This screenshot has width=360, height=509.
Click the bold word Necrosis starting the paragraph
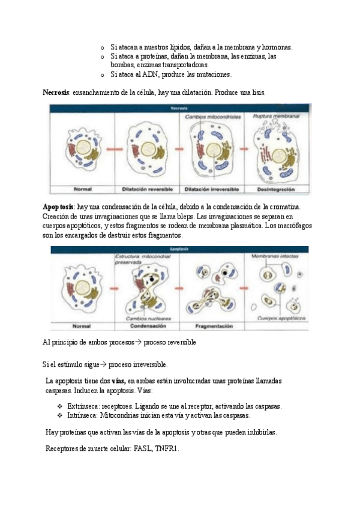56,93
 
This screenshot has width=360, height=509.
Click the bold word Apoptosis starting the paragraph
58,207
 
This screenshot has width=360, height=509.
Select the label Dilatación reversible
147,189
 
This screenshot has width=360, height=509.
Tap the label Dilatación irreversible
212,189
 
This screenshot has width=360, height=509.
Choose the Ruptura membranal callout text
275,115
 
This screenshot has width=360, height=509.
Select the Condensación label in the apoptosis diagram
148,327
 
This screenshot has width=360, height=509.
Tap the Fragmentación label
214,327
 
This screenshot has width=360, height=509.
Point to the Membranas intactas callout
276,256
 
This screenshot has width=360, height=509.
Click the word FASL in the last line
144,448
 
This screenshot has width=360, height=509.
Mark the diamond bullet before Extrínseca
60,406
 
